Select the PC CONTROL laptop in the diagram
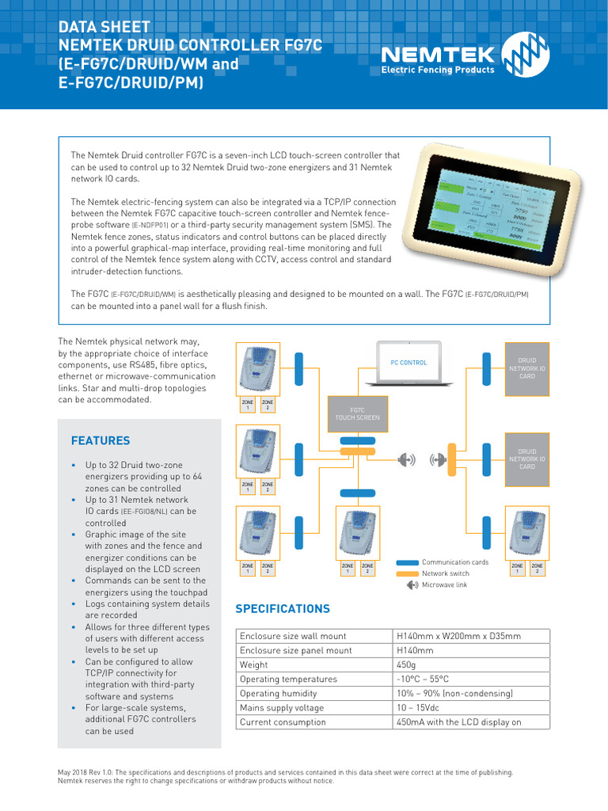[408, 364]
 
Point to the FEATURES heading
[101, 440]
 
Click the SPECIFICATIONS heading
[283, 609]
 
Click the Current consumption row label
[283, 722]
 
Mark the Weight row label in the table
[254, 665]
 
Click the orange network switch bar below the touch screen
[358, 450]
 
